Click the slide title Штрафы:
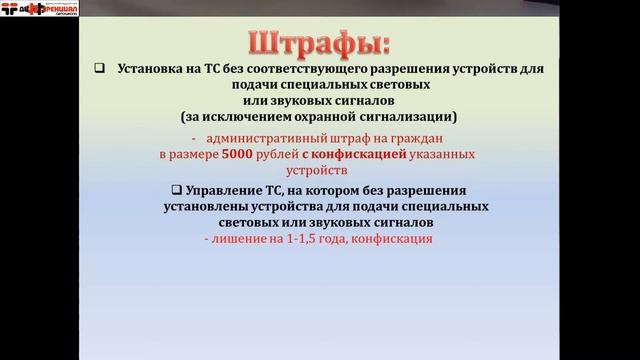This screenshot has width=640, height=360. click(319, 44)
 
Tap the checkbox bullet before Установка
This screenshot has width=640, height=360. click(99, 69)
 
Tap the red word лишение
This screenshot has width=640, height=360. click(236, 241)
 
